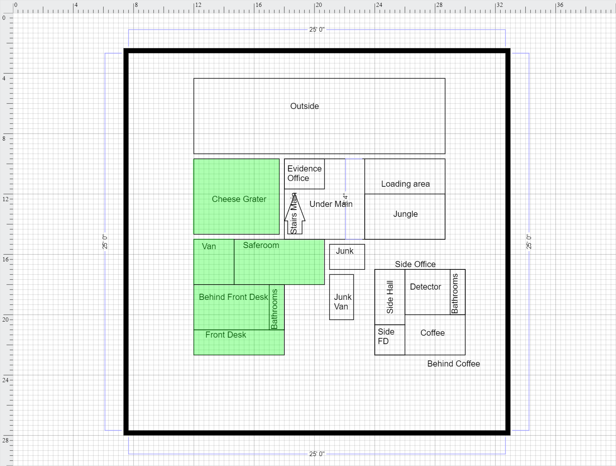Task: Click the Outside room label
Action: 305,106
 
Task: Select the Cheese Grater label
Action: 239,199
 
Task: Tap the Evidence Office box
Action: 305,174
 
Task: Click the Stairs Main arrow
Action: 295,213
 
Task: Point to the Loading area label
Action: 405,184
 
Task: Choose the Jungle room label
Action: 405,214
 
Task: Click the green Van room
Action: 214,262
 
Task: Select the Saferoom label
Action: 261,245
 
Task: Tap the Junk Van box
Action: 342,297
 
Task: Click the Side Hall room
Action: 390,297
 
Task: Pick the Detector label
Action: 425,287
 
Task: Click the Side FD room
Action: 390,340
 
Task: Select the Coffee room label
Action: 432,333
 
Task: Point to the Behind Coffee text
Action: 453,364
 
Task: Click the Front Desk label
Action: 226,335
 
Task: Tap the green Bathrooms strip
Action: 277,307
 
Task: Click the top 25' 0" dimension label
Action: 317,29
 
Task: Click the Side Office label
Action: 415,264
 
